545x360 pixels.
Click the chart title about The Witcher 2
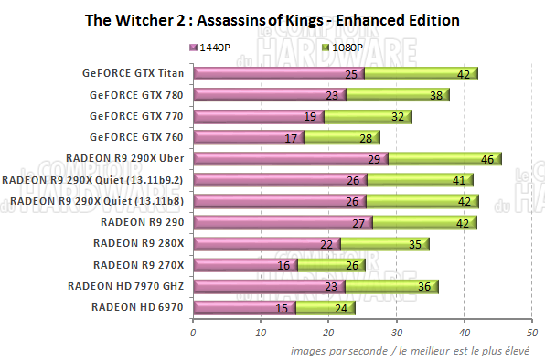pos(271,19)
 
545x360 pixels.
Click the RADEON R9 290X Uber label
pos(129,158)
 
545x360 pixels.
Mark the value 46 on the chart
pos(486,159)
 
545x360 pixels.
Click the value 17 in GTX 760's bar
pos(290,138)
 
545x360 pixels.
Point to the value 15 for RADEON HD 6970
pos(280,308)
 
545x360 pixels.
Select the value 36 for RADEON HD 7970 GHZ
pos(422,287)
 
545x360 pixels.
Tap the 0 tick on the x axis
pos(193,334)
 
